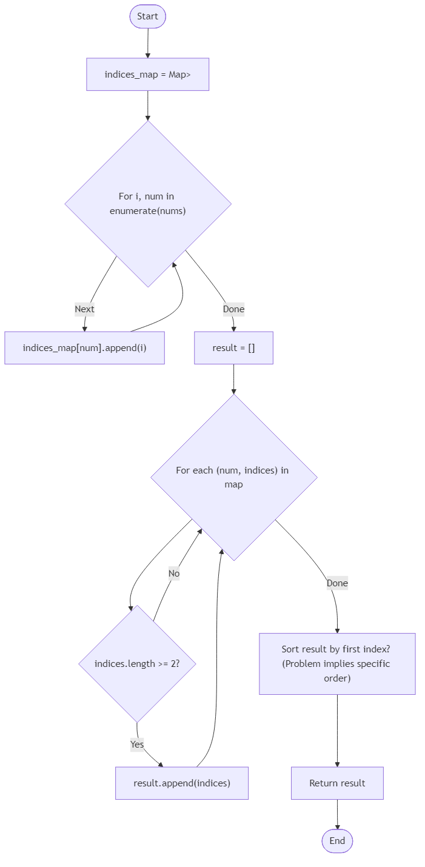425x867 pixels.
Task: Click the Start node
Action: tap(147, 16)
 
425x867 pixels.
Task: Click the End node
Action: tap(337, 840)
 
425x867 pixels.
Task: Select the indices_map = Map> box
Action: tap(147, 75)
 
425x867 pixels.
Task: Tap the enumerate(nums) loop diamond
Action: tap(148, 204)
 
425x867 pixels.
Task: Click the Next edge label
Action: tap(84, 309)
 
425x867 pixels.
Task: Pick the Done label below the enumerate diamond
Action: tap(233, 309)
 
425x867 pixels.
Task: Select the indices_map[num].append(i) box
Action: tap(84, 348)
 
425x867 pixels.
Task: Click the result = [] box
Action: tap(233, 348)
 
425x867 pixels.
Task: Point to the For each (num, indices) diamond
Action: tap(233, 477)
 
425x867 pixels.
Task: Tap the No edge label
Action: tap(174, 574)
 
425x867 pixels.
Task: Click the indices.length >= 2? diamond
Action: tap(137, 663)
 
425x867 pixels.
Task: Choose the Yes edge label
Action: tap(137, 744)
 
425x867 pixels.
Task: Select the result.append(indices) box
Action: tap(182, 783)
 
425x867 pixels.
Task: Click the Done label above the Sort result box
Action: tap(337, 583)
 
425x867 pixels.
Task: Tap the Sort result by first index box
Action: tap(337, 664)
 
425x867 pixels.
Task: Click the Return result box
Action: tap(337, 783)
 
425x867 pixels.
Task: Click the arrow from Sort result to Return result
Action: tap(337, 731)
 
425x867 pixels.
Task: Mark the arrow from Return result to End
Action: tap(337, 814)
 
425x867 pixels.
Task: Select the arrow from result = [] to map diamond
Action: tap(233, 379)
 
